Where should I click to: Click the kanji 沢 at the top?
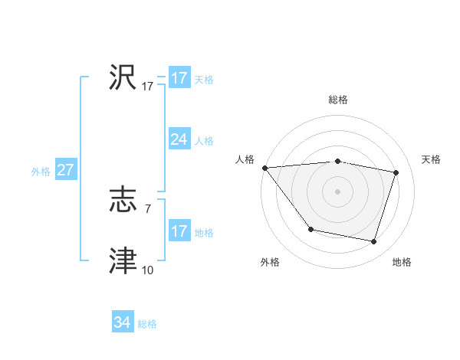(x=123, y=77)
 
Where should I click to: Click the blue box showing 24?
(x=179, y=139)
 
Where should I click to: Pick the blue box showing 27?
(x=65, y=170)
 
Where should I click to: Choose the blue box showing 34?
(x=122, y=322)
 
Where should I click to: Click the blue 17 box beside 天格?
(x=179, y=78)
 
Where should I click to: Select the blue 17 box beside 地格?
(x=179, y=231)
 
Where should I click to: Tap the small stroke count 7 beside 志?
(x=147, y=208)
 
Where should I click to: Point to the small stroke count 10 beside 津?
(x=147, y=270)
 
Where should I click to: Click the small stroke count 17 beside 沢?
(x=148, y=87)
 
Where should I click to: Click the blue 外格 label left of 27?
(x=41, y=172)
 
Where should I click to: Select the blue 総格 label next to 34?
(x=147, y=324)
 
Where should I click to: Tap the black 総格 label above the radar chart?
(x=337, y=100)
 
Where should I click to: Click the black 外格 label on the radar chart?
(x=270, y=262)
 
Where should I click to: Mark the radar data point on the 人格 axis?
(x=264, y=168)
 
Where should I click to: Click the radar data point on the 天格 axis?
(x=396, y=172)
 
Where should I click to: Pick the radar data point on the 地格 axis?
(x=373, y=241)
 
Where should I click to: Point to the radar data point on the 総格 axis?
(x=337, y=161)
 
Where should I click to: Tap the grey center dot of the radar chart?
(x=337, y=191)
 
